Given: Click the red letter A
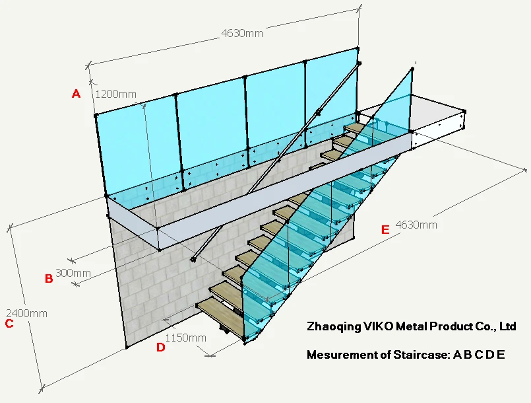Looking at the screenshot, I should [76, 94].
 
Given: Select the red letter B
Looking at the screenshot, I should [49, 279].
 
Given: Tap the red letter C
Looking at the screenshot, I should [9, 324].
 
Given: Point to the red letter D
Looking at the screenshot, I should [161, 348].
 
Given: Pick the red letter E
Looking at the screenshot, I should [386, 230].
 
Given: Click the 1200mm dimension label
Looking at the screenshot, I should [116, 94].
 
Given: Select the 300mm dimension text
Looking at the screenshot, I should [73, 272].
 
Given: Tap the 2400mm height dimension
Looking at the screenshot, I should [26, 313].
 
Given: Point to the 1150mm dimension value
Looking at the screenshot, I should [185, 337].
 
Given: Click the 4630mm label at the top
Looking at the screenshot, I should [241, 33].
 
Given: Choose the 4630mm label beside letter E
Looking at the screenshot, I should [416, 225].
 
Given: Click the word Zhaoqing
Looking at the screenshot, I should [334, 326].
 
